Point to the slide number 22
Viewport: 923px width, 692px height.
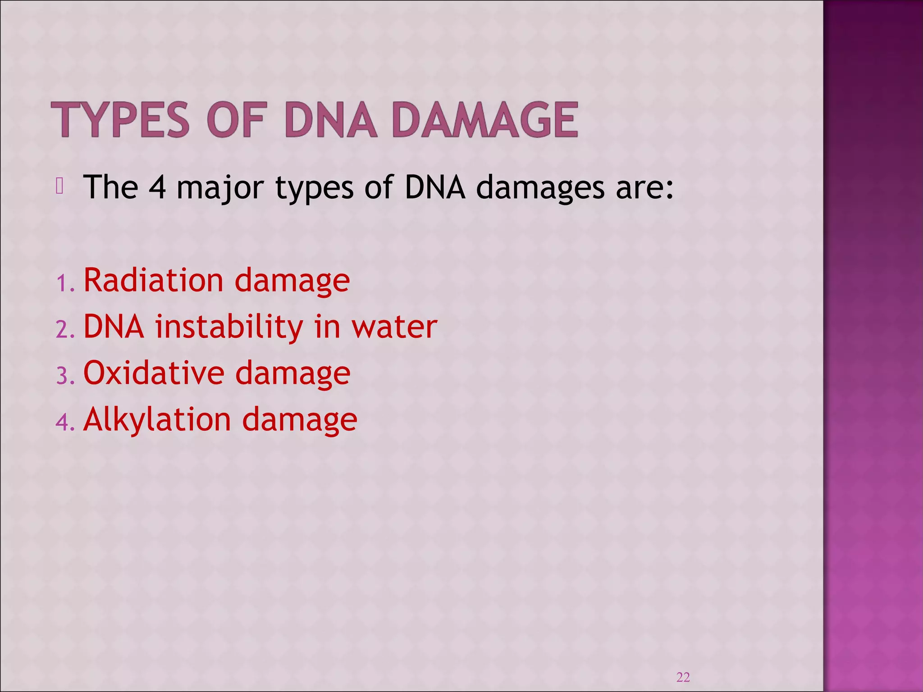coord(683,677)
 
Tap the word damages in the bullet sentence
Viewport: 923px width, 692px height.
coord(540,188)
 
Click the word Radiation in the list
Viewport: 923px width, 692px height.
coord(153,280)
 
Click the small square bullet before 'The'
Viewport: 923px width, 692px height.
coord(59,187)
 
